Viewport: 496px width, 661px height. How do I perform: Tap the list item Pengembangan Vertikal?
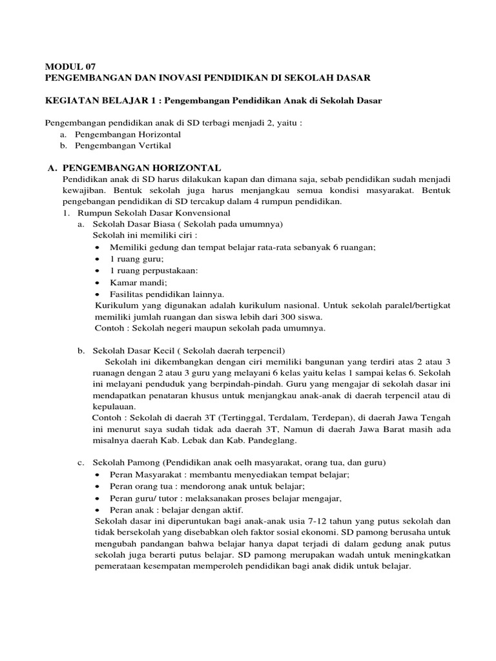(128, 146)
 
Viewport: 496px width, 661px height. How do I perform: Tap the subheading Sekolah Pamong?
(126, 463)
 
